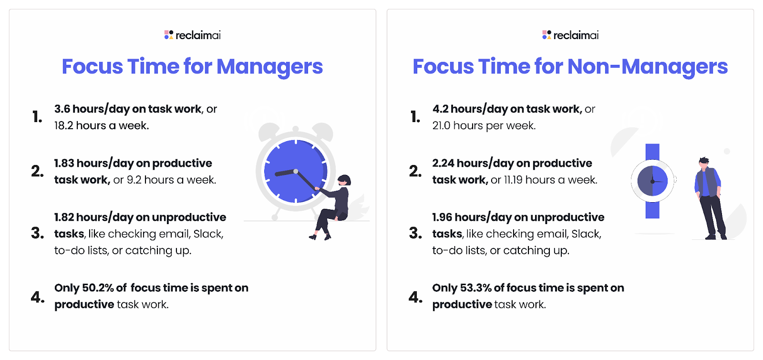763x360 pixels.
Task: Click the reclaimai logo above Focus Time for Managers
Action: click(192, 35)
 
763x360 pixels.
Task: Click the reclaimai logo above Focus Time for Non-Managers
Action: click(570, 35)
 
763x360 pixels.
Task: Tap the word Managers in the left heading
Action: click(269, 67)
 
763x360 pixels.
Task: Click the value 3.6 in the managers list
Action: click(62, 109)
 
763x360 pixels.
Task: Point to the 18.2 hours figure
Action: click(64, 126)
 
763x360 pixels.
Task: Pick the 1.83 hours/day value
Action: click(64, 164)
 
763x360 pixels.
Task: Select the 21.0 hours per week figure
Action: click(441, 126)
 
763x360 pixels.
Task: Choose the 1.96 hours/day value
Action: click(442, 217)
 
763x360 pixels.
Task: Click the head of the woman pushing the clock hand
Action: click(344, 180)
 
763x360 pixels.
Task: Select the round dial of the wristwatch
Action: click(652, 181)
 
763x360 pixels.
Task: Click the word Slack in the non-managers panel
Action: click(586, 234)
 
